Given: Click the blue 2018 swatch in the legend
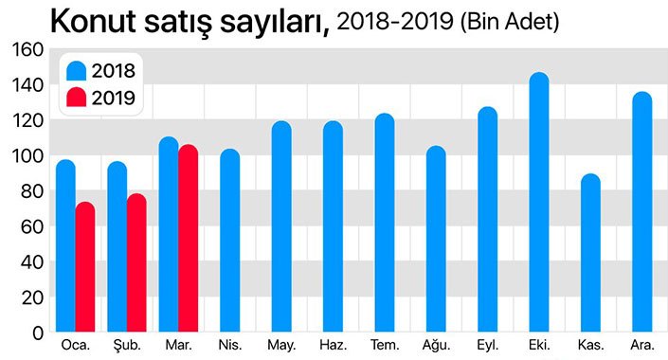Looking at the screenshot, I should point(77,70).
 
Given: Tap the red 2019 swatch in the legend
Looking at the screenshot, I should point(77,97).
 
